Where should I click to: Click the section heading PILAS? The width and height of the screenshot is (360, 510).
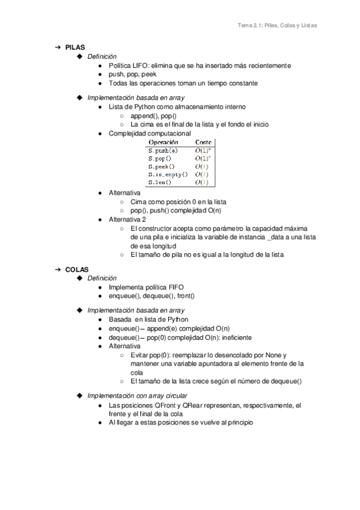pos(75,47)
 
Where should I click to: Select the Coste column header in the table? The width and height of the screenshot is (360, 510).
pos(205,142)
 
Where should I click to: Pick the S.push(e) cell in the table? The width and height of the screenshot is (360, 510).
pos(162,150)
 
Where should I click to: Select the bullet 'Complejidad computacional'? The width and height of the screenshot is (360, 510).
pos(150,133)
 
